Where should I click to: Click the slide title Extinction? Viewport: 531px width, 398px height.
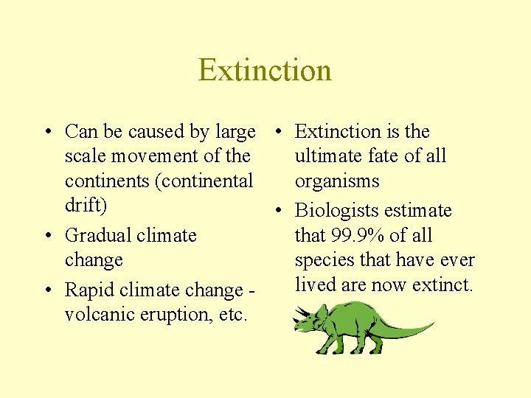tap(265, 70)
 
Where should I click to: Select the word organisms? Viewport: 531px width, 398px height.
tap(337, 181)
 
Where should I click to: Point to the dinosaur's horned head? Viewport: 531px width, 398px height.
tap(308, 324)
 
